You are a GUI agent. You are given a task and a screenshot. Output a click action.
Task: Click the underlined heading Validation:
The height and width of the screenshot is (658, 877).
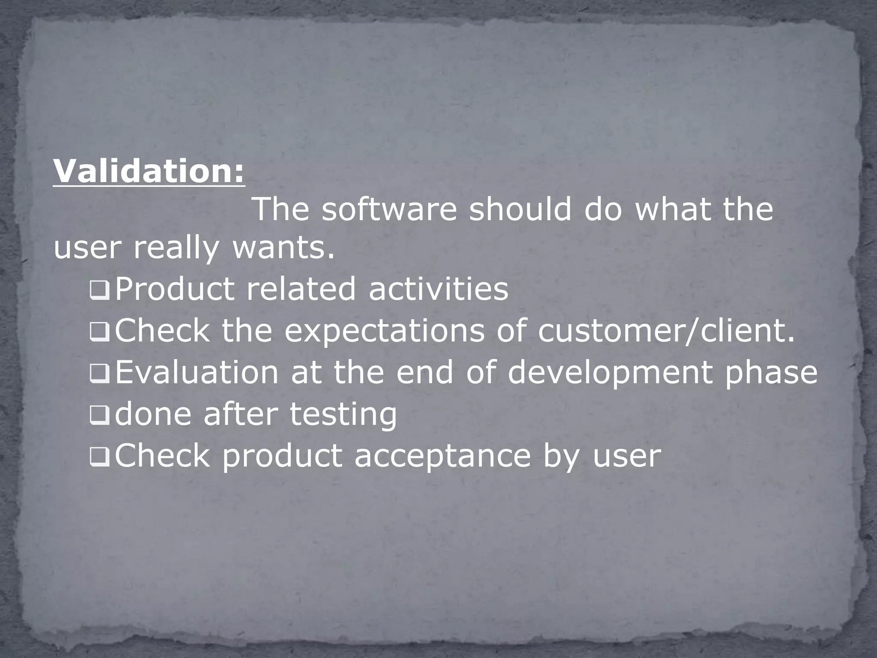[149, 171]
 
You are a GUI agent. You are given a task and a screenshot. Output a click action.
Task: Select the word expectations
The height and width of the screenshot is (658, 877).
[385, 331]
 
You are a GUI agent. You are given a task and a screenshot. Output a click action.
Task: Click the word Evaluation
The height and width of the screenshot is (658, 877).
[197, 372]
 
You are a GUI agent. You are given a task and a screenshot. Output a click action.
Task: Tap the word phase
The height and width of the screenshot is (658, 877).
[771, 373]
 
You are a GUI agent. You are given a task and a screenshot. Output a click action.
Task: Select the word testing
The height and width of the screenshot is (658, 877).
[343, 415]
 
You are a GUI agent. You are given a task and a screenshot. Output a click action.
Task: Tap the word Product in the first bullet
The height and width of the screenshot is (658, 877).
[175, 289]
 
